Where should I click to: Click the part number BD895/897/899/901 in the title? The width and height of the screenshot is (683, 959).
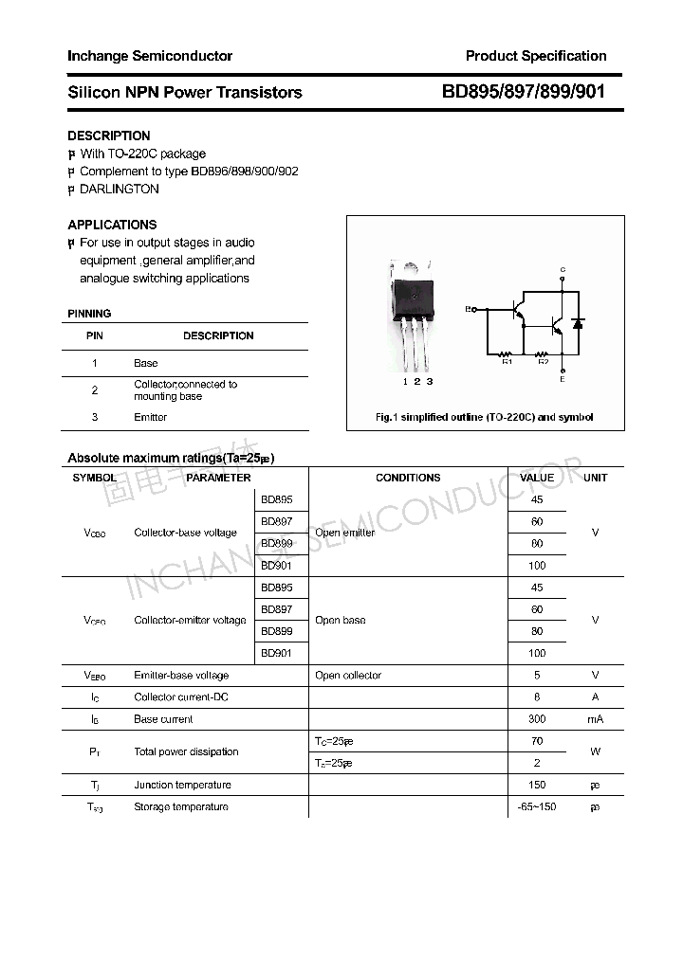point(523,92)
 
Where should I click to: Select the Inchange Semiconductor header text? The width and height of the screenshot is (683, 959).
point(150,56)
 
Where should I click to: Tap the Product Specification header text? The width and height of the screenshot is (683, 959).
point(536,56)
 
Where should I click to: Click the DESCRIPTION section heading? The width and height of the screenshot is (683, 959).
point(109,136)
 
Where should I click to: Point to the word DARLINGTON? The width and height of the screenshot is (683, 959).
point(120,189)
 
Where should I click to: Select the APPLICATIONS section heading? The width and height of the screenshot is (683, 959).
point(112,225)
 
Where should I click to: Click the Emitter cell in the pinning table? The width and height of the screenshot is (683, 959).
point(150,417)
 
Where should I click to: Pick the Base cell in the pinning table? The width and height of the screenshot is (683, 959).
point(145,363)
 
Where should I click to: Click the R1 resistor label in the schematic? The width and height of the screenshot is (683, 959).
point(507,361)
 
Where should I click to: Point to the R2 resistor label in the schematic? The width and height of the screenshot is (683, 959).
point(543,361)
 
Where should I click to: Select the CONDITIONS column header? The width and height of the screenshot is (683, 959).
point(408,478)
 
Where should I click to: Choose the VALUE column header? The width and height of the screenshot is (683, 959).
point(537,478)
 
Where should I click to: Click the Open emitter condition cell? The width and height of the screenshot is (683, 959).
point(344,533)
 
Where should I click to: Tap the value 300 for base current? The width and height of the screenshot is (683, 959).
point(537,719)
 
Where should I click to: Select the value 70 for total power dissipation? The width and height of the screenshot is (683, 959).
point(537,741)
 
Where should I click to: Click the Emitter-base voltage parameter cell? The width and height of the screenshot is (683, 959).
point(181,676)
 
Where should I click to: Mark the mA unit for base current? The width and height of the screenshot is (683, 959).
point(595,719)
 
